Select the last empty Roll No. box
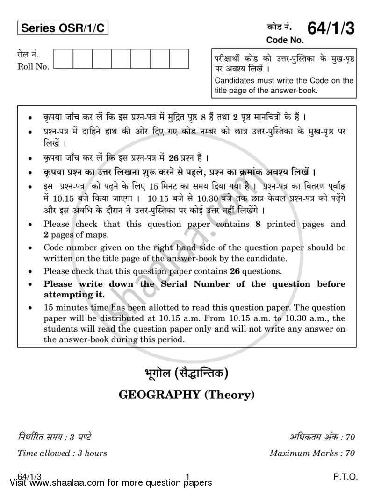click(x=179, y=59)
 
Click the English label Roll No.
click(x=33, y=67)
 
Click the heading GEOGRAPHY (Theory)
click(x=187, y=395)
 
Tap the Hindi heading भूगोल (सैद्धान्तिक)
click(x=187, y=374)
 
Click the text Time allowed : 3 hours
click(x=62, y=453)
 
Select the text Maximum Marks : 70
click(x=312, y=453)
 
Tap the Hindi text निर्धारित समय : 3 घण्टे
click(x=54, y=438)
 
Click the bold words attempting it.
click(x=74, y=295)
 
